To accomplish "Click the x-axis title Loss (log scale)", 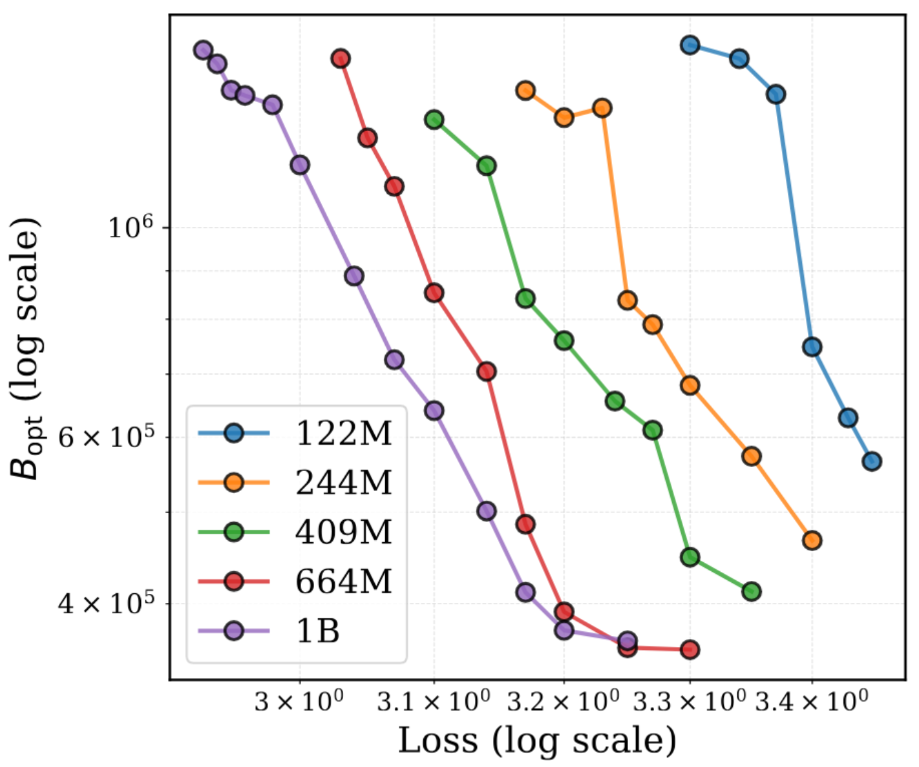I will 536,740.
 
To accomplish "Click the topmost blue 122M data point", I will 690,45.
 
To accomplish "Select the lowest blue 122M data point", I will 871,461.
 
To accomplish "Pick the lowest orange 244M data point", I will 812,540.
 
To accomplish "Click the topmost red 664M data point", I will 341,59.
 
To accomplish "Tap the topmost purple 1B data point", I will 204,50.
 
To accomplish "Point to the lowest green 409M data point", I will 751,591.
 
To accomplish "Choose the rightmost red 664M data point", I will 690,649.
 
